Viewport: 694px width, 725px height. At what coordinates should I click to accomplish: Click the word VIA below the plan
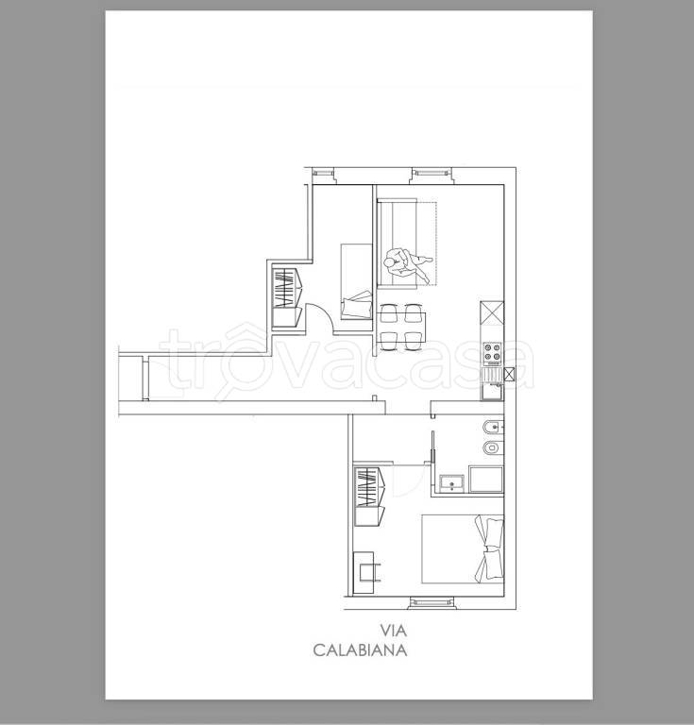394,631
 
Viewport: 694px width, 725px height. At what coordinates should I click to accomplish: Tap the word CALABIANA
360,650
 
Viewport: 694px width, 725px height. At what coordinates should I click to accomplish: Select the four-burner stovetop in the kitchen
492,351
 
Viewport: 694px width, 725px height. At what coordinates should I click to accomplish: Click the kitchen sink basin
492,391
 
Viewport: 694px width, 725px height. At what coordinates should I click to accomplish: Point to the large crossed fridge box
492,313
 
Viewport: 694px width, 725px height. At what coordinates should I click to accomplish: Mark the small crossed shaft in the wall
509,373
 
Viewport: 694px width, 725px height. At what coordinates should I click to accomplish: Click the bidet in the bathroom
493,428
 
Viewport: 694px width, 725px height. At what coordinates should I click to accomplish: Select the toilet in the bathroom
493,447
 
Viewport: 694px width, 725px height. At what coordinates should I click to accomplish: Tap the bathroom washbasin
450,483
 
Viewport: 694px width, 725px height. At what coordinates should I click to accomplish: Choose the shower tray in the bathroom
486,480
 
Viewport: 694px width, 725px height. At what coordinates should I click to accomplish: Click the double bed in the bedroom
463,549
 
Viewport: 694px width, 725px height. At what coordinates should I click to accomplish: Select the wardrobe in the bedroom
370,497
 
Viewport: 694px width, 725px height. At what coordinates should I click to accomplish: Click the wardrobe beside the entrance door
287,296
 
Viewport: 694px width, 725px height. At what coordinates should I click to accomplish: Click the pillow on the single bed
357,304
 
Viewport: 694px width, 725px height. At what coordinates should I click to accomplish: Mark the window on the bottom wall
432,602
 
